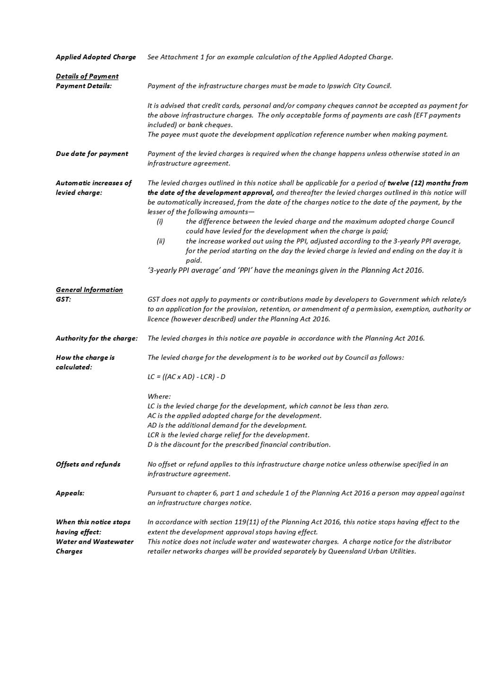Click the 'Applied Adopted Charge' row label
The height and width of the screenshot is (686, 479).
(96, 57)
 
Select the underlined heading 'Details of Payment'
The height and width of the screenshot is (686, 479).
(87, 76)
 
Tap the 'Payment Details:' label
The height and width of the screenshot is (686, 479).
(84, 86)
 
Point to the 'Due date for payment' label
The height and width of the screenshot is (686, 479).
(92, 154)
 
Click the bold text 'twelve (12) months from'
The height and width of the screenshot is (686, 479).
(427, 183)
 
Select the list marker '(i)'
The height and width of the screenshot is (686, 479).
(160, 221)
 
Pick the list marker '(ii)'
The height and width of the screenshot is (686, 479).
(161, 241)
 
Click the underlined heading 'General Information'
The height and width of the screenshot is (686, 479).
(89, 290)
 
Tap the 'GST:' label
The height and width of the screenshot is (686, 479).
(63, 299)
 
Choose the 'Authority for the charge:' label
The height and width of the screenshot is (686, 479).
(97, 338)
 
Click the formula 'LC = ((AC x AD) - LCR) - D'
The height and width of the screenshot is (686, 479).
(186, 377)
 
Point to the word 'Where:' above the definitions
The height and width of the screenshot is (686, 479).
(159, 396)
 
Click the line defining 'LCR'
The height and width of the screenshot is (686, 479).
(228, 435)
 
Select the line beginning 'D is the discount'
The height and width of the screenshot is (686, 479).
(239, 445)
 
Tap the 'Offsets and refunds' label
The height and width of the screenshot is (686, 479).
(88, 464)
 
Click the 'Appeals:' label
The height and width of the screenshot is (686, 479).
(70, 493)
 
